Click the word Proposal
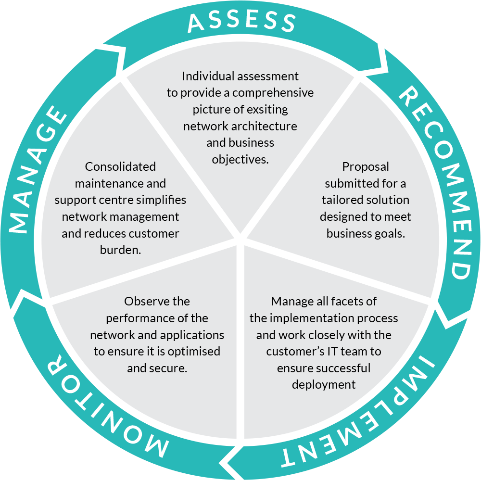[366, 167]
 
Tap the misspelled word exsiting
[267, 109]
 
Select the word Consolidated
[120, 167]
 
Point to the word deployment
[324, 385]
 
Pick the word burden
[120, 250]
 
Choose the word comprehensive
[273, 92]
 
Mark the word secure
[170, 368]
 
